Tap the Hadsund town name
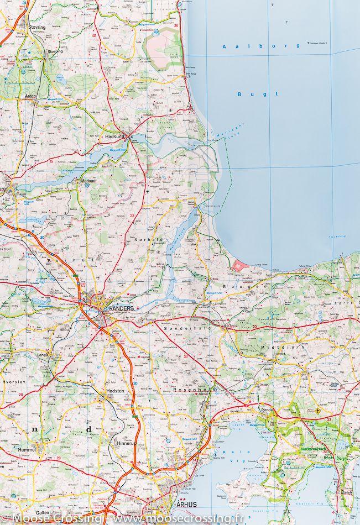coord(113,135)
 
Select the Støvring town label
coord(37,26)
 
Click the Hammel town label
coord(27,451)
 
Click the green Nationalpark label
coord(313,449)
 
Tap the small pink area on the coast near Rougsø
coord(239,266)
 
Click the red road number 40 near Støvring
coord(93,36)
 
